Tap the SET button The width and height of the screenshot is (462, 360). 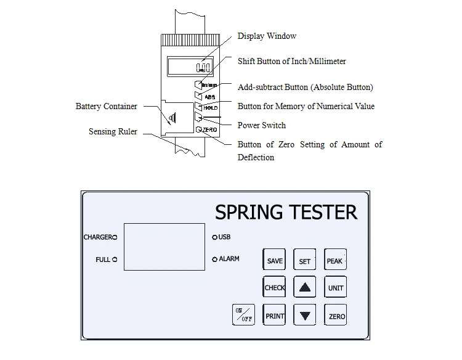(305, 261)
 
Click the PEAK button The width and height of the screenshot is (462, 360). (334, 261)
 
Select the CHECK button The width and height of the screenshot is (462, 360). (275, 288)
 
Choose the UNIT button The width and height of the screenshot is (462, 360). (336, 288)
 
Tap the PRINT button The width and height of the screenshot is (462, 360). (275, 316)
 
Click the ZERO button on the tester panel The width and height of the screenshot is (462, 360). (336, 316)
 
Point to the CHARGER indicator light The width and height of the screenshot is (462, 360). (115, 237)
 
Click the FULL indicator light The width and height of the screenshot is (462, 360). (115, 260)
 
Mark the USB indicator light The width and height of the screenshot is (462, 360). (214, 237)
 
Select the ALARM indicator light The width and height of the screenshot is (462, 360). (214, 260)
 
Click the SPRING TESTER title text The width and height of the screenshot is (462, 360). (286, 212)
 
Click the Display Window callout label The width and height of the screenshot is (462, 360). (267, 36)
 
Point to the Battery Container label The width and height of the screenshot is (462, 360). (107, 107)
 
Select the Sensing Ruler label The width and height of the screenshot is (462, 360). (113, 132)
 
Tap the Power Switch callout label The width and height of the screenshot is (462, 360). (262, 125)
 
